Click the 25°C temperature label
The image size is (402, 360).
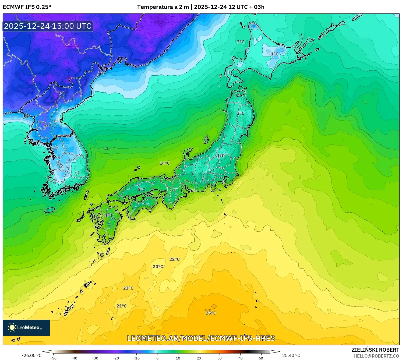[211, 313]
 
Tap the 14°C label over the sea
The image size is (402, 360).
[165, 163]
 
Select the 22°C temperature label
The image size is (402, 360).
[174, 259]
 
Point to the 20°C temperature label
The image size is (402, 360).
[158, 267]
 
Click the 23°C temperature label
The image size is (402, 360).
[128, 288]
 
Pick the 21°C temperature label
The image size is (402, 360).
[122, 306]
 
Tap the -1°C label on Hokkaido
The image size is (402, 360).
[274, 54]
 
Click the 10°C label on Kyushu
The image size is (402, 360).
[108, 216]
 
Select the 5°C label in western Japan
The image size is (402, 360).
[141, 190]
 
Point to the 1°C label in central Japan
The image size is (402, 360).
[221, 156]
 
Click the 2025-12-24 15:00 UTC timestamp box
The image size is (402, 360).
[48, 26]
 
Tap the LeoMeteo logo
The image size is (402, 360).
[26, 327]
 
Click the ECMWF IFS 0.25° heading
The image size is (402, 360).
[27, 7]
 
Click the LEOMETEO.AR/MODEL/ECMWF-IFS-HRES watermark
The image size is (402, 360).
[201, 338]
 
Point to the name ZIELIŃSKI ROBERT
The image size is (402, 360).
[375, 350]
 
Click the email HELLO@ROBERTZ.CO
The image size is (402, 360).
[376, 356]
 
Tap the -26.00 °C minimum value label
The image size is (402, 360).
[31, 355]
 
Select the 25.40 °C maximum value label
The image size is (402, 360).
[291, 355]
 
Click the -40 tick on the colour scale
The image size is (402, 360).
[74, 358]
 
